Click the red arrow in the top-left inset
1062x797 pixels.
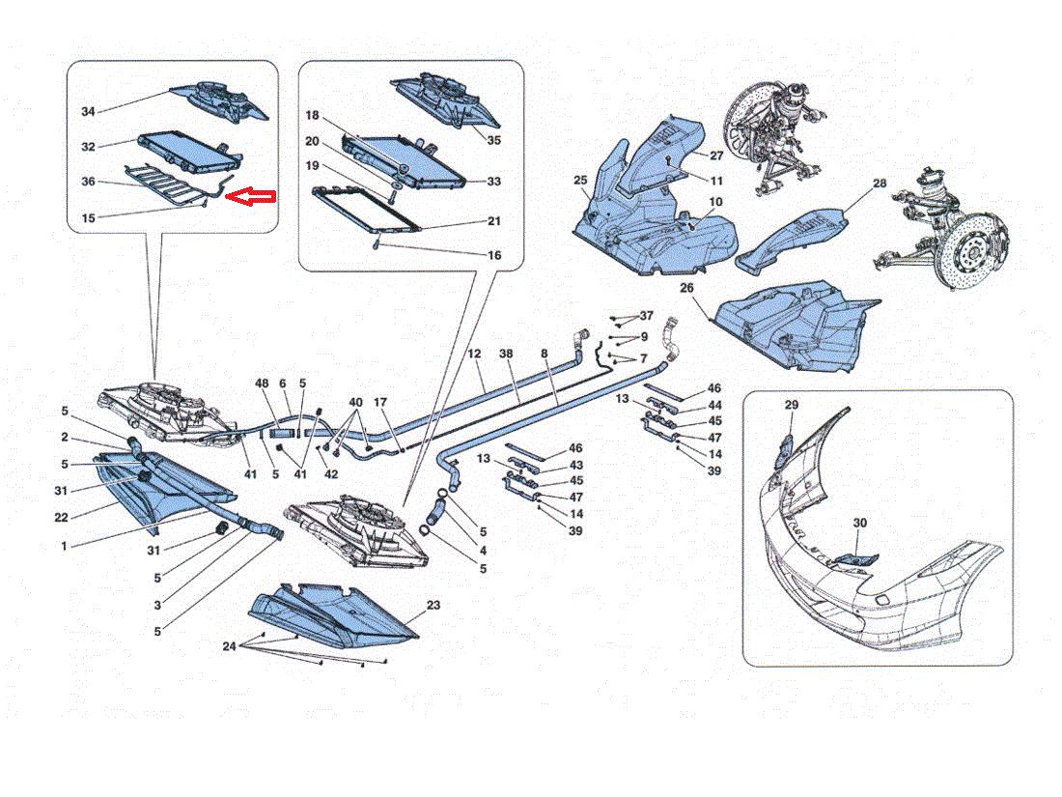(250, 196)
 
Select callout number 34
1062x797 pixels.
(88, 111)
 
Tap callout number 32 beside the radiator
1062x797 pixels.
(88, 147)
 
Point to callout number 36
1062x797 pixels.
(88, 182)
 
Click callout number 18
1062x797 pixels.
(312, 115)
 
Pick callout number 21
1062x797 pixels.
(494, 221)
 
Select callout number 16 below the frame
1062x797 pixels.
(494, 255)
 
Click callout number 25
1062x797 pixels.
(580, 181)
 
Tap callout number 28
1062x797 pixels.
(880, 183)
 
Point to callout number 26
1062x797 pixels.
(686, 288)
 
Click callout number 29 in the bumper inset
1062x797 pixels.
(792, 405)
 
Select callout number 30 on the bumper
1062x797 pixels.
(859, 524)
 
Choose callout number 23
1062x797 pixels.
(433, 605)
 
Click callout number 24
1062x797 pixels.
(230, 646)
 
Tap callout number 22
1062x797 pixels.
(61, 518)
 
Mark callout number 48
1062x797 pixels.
(262, 384)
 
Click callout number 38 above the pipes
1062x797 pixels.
(506, 354)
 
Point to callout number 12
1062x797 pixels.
(474, 354)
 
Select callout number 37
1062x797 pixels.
(647, 316)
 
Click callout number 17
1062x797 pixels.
(380, 402)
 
